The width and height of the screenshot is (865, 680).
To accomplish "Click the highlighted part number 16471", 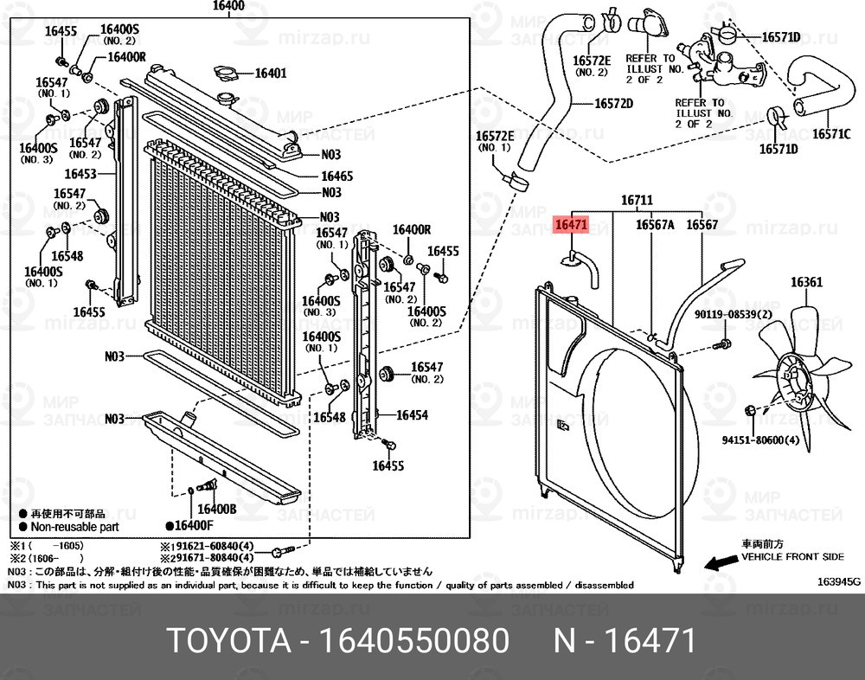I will click(572, 225).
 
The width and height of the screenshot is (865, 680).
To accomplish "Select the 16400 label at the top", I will click(228, 5).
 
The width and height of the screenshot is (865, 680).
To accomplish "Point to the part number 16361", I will click(805, 282).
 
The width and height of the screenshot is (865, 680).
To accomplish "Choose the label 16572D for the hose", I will click(613, 104).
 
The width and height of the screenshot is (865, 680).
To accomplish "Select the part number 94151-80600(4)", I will click(759, 440).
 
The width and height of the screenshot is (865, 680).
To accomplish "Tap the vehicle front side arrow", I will click(717, 563).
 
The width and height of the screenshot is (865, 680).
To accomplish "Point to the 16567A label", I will click(655, 225).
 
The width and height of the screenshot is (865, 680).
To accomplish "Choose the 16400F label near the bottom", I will click(193, 525).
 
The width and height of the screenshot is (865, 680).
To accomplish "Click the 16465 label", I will click(336, 176).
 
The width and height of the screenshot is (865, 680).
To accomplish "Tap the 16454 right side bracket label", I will click(412, 415).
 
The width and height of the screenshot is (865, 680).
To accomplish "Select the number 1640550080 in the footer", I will click(414, 642).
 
